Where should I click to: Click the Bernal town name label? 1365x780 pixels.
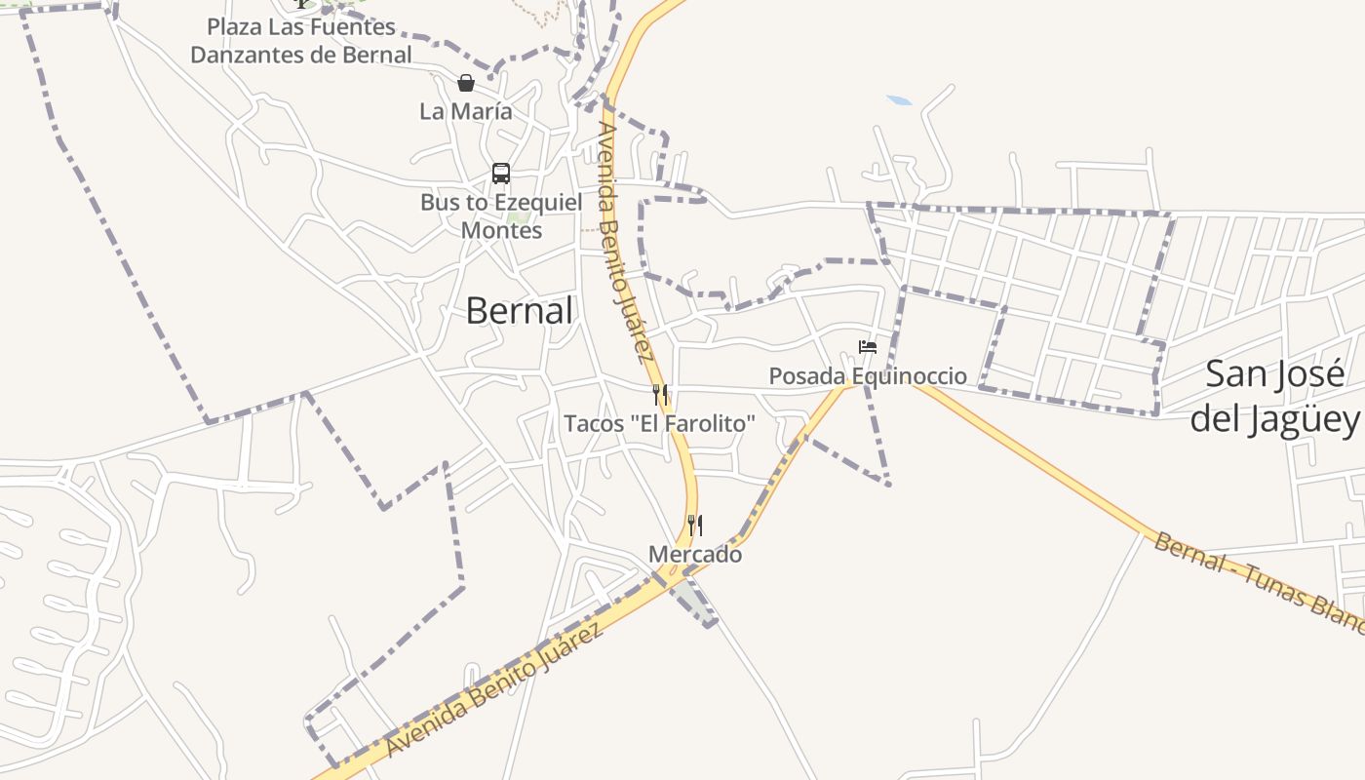coord(519,311)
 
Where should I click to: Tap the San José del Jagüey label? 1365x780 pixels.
coord(1274,396)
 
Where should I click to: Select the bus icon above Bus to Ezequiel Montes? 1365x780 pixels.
coord(501,174)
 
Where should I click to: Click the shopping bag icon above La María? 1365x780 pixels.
coord(466,83)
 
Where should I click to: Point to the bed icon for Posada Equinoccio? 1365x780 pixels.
coord(867,347)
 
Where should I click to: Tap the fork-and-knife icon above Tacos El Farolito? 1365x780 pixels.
coord(661,394)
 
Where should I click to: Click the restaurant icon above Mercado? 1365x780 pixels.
coord(695,526)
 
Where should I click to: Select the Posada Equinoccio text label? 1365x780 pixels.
coord(868,376)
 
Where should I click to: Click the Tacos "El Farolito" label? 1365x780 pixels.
coord(660,423)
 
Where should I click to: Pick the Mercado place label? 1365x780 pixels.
coord(695,555)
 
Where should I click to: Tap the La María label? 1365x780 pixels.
coord(466,111)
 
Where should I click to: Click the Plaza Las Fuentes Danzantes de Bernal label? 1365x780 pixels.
coord(301,41)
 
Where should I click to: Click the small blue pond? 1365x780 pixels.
coord(899,100)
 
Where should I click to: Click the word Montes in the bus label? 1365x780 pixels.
coord(501,231)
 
